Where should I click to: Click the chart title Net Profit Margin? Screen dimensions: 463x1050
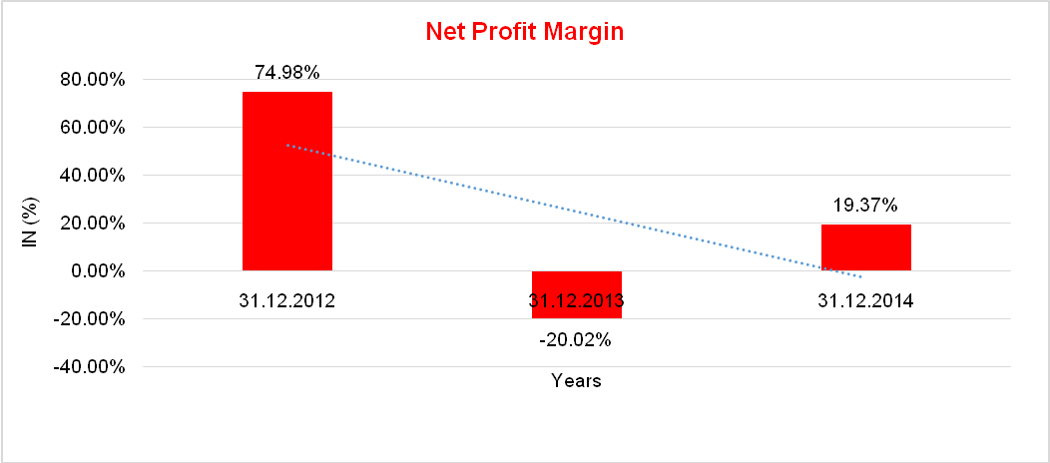tap(524, 31)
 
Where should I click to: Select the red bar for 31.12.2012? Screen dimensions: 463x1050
tap(287, 181)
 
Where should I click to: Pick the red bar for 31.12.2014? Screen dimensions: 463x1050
tap(866, 247)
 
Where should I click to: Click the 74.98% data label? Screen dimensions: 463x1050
tap(287, 72)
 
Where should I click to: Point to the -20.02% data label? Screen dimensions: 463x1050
tap(575, 340)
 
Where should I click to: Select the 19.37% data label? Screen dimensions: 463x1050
tap(866, 206)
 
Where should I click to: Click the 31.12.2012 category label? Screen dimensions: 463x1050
tap(287, 300)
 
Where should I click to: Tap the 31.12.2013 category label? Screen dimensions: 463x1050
tap(577, 300)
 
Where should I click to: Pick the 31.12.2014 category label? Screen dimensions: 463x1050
tap(866, 300)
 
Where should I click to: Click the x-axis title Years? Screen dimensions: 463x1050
tap(577, 381)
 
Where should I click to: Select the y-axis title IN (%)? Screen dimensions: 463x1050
tap(31, 224)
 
